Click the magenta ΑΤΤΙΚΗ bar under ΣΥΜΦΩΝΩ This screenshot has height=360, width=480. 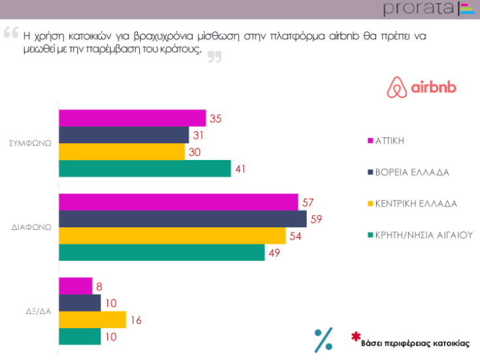(x=132, y=118)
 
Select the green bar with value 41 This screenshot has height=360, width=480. (x=145, y=169)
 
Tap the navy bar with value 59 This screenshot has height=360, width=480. (x=182, y=219)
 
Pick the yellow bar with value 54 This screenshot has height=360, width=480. (x=172, y=236)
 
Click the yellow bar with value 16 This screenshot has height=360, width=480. (x=92, y=319)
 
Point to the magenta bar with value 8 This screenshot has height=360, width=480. (x=75, y=286)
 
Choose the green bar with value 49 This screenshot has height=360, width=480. (x=162, y=252)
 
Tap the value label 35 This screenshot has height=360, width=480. (x=215, y=118)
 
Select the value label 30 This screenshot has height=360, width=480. (x=194, y=152)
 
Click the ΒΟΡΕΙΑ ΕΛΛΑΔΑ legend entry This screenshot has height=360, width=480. (x=411, y=172)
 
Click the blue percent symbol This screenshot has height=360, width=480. (x=323, y=339)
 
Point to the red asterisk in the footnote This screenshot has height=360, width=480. (x=356, y=336)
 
